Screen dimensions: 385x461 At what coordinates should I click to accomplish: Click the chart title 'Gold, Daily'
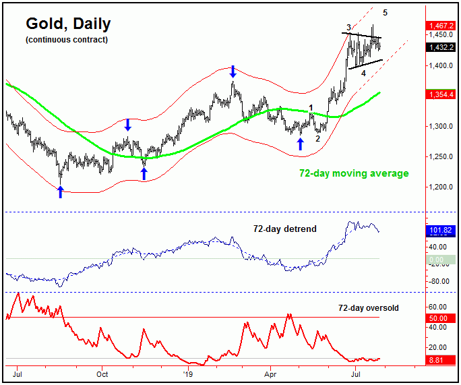[68, 24]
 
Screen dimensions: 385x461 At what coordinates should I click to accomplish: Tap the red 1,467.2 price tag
[441, 26]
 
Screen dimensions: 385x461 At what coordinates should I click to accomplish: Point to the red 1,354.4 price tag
[441, 95]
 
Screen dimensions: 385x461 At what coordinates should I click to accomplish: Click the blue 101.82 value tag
[441, 231]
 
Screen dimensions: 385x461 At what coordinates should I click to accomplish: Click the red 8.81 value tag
[439, 361]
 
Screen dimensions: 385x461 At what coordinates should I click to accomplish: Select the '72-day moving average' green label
[354, 173]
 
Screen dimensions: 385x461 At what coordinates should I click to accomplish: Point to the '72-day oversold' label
[369, 308]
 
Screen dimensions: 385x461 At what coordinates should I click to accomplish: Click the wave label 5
[385, 12]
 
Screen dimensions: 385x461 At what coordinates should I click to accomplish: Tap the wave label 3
[348, 27]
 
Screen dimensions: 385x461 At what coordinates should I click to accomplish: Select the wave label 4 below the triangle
[363, 73]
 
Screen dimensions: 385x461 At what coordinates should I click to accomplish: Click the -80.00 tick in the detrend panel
[439, 281]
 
